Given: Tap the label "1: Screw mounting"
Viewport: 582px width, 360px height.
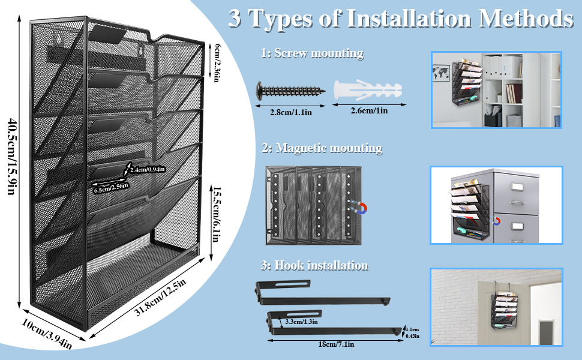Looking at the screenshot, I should pos(312,53).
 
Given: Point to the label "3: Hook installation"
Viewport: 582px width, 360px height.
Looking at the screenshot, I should pos(314,265).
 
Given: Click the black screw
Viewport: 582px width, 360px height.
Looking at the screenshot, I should pos(290,92).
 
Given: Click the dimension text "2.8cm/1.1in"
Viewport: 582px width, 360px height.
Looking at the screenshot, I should pos(290,111).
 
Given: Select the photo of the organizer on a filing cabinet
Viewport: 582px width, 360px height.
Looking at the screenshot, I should pos(496,205).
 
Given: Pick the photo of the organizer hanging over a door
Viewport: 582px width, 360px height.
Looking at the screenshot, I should pos(496,307).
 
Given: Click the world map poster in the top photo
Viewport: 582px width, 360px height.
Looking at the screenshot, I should pos(445,75).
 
